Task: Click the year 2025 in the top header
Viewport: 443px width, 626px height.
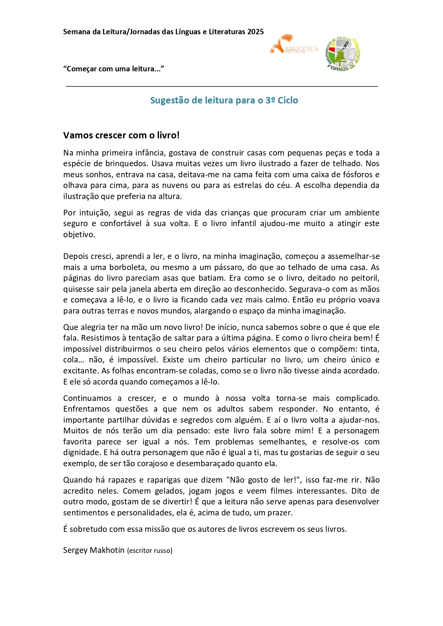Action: (255, 32)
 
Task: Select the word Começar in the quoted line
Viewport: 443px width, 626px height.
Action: (81, 69)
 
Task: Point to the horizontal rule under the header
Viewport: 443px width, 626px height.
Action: (221, 86)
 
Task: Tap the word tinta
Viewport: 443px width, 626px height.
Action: (370, 349)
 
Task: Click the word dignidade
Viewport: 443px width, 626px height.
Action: (81, 453)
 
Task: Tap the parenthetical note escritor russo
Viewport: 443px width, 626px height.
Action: (150, 550)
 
